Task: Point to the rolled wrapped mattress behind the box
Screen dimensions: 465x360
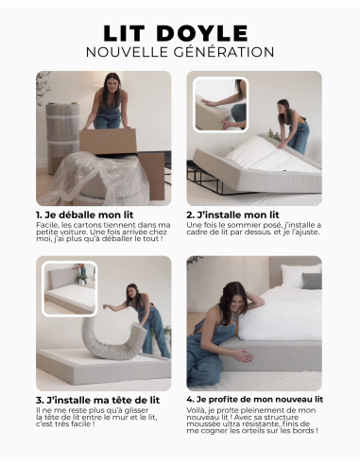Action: coord(61,132)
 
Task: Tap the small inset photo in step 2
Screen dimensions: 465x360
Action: coord(219,104)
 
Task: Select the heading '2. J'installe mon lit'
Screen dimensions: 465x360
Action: coord(233,215)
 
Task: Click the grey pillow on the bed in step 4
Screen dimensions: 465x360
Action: coord(312,281)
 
